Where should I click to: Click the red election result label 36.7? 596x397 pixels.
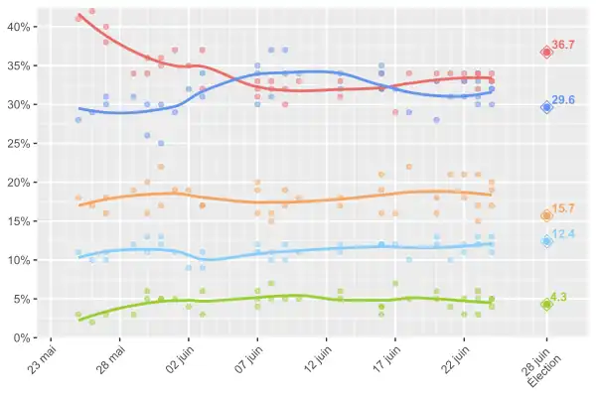(563, 45)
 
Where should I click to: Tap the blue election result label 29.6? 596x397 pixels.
(563, 100)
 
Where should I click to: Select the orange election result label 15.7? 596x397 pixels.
(563, 208)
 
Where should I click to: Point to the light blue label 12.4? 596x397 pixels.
(563, 234)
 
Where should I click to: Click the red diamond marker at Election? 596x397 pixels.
(546, 52)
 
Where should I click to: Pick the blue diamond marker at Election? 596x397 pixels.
(546, 107)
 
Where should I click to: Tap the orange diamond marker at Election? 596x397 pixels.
(546, 215)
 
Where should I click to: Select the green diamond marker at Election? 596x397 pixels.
(546, 305)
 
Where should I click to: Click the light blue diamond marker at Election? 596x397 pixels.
(546, 241)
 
